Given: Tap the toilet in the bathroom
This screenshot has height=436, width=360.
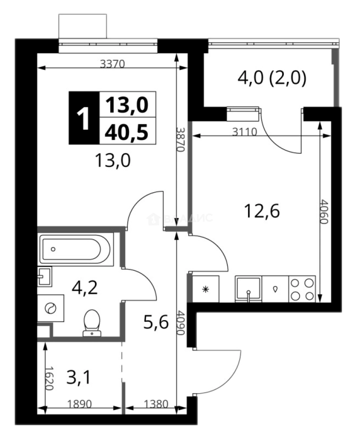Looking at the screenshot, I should tap(92, 322).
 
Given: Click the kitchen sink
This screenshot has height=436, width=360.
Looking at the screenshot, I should tap(249, 289).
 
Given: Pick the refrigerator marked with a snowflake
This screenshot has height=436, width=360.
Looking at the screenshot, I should tap(205, 289).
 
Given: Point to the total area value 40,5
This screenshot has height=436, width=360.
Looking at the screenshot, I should tap(127, 132).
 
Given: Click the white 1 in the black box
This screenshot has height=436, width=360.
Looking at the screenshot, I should tap(84, 118).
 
